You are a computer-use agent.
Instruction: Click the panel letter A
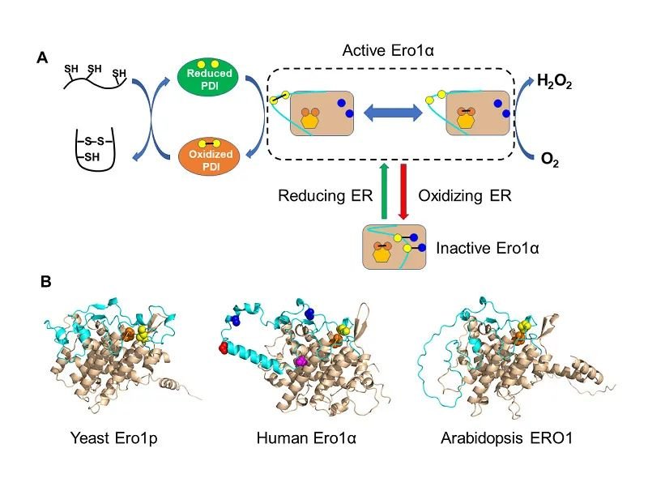tap(42, 58)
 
